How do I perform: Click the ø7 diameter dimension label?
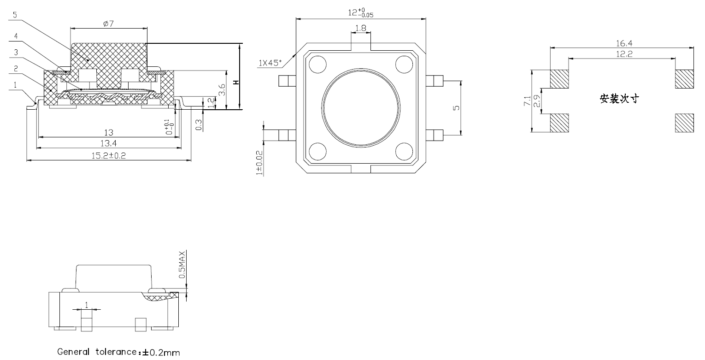108,24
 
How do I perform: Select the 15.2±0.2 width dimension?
109,156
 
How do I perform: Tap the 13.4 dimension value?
109,144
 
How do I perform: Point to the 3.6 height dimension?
222,90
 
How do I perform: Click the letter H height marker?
236,83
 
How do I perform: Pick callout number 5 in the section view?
15,15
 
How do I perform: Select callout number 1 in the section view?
15,85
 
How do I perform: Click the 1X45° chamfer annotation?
270,63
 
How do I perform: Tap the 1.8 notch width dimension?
361,28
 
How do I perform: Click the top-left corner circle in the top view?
317,64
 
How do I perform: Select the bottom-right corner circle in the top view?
404,151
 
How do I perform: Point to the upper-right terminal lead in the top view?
435,81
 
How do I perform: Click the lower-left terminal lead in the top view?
287,135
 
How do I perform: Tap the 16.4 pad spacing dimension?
624,43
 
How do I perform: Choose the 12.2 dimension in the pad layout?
624,54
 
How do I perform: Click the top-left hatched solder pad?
559,79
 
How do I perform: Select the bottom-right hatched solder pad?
684,123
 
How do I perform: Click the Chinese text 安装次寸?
619,99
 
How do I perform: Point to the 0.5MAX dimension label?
182,265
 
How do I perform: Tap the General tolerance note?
119,352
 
